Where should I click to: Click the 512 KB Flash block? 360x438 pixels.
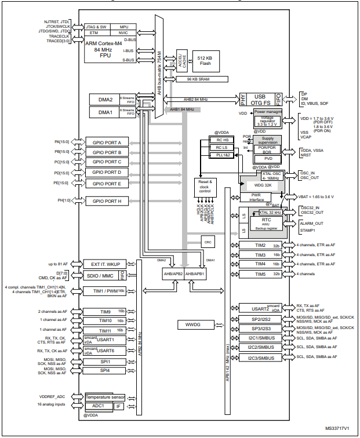tap(204, 60)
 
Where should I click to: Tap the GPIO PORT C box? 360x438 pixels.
tap(107, 162)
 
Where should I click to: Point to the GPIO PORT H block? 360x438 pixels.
tap(107, 201)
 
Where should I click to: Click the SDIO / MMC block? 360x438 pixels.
tap(102, 275)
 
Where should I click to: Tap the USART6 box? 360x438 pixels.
tap(106, 351)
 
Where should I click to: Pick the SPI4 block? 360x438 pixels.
tap(106, 370)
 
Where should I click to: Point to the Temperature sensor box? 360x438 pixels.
tap(105, 397)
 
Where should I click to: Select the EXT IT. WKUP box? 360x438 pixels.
tap(105, 264)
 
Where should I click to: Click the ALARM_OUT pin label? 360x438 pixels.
tap(312, 223)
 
